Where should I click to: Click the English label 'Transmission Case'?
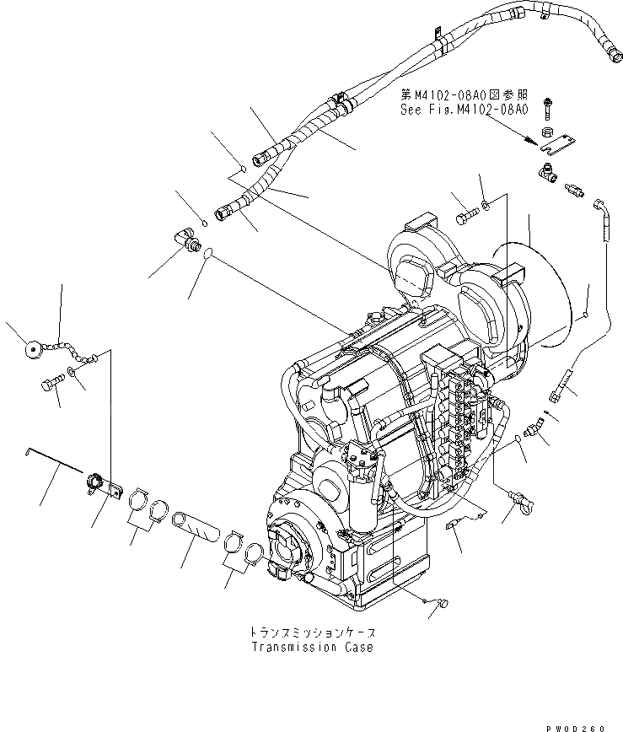tap(311, 648)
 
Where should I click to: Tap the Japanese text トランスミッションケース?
tap(311, 632)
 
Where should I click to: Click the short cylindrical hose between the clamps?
tap(196, 536)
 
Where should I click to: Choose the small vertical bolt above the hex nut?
tap(547, 106)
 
